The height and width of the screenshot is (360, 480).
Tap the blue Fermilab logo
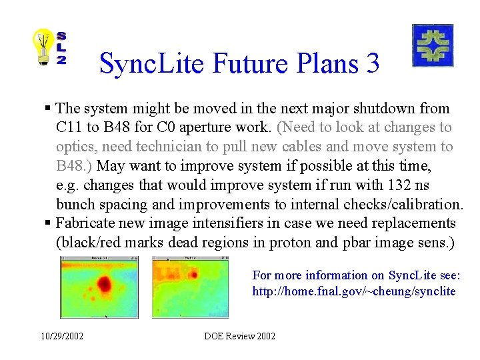coord(433,45)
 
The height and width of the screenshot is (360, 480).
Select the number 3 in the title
coord(372,63)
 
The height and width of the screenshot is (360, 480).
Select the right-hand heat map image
coord(190,287)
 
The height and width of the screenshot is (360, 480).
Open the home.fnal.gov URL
coord(353,291)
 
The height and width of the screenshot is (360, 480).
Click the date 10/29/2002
coord(61,336)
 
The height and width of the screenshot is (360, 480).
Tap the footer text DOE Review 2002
coord(240,336)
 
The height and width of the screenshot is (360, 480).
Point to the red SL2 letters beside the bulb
coord(61,48)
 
